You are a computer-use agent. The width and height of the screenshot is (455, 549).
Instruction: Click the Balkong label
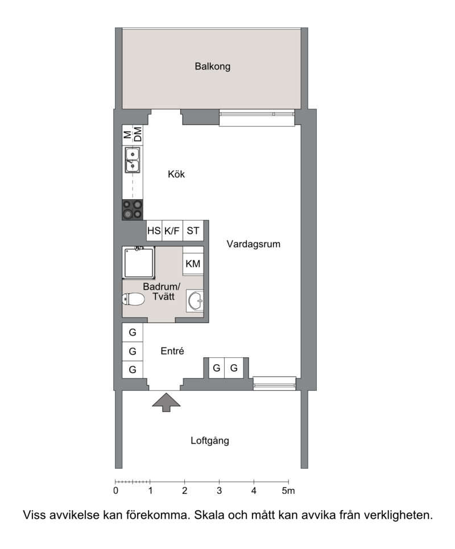tap(213, 66)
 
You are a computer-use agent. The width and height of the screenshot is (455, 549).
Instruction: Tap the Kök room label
tap(176, 174)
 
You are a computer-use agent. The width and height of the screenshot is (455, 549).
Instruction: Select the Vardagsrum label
tap(254, 244)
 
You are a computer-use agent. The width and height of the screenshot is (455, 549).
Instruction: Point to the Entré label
tap(172, 351)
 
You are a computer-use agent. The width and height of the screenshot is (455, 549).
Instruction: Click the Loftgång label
tap(210, 440)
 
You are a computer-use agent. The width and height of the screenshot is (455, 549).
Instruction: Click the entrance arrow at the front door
tap(166, 402)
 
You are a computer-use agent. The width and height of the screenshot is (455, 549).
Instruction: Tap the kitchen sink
tap(133, 160)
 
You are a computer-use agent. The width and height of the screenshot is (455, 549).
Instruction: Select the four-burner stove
tap(133, 210)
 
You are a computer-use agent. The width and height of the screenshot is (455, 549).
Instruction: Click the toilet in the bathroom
tap(133, 299)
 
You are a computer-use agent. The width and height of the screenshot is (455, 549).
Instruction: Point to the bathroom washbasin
tap(195, 300)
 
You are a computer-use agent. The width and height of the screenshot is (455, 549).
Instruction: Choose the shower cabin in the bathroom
tap(139, 263)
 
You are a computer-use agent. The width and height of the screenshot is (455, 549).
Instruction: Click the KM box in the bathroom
tap(193, 263)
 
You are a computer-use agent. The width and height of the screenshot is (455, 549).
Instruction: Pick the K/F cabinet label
tap(172, 231)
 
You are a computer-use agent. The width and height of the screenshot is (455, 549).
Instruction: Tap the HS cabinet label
tap(154, 231)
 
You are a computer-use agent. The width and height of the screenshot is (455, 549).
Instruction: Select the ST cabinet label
tap(193, 231)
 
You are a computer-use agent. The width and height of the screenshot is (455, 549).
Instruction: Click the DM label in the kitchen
tap(138, 134)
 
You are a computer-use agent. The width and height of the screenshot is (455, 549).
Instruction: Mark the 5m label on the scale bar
tap(288, 491)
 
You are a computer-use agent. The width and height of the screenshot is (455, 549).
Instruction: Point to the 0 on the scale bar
tap(116, 491)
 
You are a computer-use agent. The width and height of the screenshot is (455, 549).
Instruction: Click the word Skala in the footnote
tap(209, 515)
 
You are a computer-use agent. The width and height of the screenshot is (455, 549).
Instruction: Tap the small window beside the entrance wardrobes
tap(274, 383)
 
